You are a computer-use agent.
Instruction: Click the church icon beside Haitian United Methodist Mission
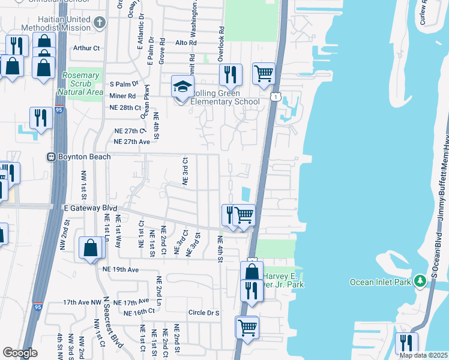[100, 22]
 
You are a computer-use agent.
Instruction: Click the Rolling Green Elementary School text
[224, 97]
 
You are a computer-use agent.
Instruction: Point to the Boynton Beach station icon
[52, 157]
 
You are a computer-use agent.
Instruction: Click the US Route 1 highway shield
[274, 96]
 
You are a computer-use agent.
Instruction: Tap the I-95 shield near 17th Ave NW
[38, 306]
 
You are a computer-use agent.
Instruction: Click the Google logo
[20, 352]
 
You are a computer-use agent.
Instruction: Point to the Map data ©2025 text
[423, 355]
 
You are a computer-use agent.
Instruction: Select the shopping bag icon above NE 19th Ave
[90, 248]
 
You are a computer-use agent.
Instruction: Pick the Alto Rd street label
[185, 43]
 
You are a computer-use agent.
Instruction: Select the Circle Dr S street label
[205, 313]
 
